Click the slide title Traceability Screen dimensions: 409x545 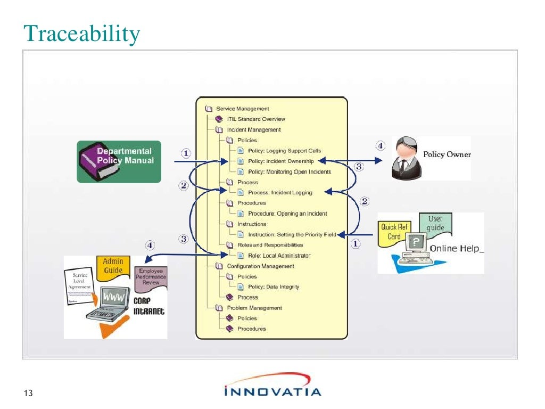(x=82, y=34)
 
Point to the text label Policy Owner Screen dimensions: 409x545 (x=447, y=154)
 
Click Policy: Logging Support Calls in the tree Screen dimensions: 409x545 (x=284, y=151)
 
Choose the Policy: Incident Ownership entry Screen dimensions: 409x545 (x=280, y=161)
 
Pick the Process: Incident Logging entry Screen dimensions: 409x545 (x=280, y=193)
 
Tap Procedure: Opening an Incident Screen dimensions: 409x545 (x=287, y=214)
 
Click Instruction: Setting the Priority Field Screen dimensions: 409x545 (x=292, y=234)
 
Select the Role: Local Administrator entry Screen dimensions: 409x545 (x=279, y=256)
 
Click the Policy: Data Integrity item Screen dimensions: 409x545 (x=273, y=287)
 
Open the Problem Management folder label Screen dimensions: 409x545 (x=254, y=308)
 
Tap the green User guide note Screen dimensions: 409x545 (x=435, y=223)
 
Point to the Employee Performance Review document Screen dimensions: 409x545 (x=151, y=277)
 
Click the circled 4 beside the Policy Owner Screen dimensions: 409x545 (x=380, y=145)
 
